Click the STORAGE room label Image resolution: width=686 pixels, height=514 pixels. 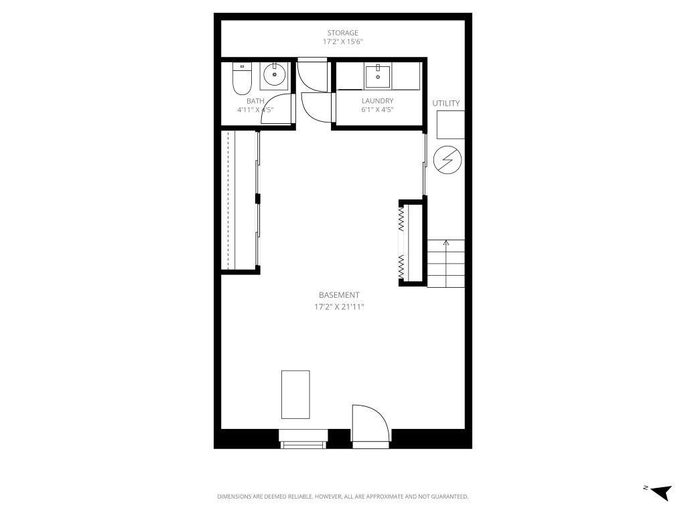342,33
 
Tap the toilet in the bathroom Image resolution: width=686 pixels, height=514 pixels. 241,79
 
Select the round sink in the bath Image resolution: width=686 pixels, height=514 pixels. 273,76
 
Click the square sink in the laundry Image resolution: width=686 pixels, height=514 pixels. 378,76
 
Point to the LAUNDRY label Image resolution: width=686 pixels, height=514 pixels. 377,101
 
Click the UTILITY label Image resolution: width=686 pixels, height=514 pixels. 445,103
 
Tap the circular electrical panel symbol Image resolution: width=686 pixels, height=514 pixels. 447,159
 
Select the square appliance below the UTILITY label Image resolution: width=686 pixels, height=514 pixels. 450,124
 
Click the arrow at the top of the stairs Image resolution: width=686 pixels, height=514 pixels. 446,242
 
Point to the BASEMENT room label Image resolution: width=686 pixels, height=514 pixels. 339,294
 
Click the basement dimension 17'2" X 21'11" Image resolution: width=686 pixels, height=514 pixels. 339,307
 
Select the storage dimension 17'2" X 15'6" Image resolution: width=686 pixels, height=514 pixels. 342,42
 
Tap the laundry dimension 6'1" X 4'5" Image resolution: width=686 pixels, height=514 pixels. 377,110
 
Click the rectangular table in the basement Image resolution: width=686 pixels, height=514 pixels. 295,394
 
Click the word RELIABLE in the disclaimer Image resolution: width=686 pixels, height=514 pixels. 289,497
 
